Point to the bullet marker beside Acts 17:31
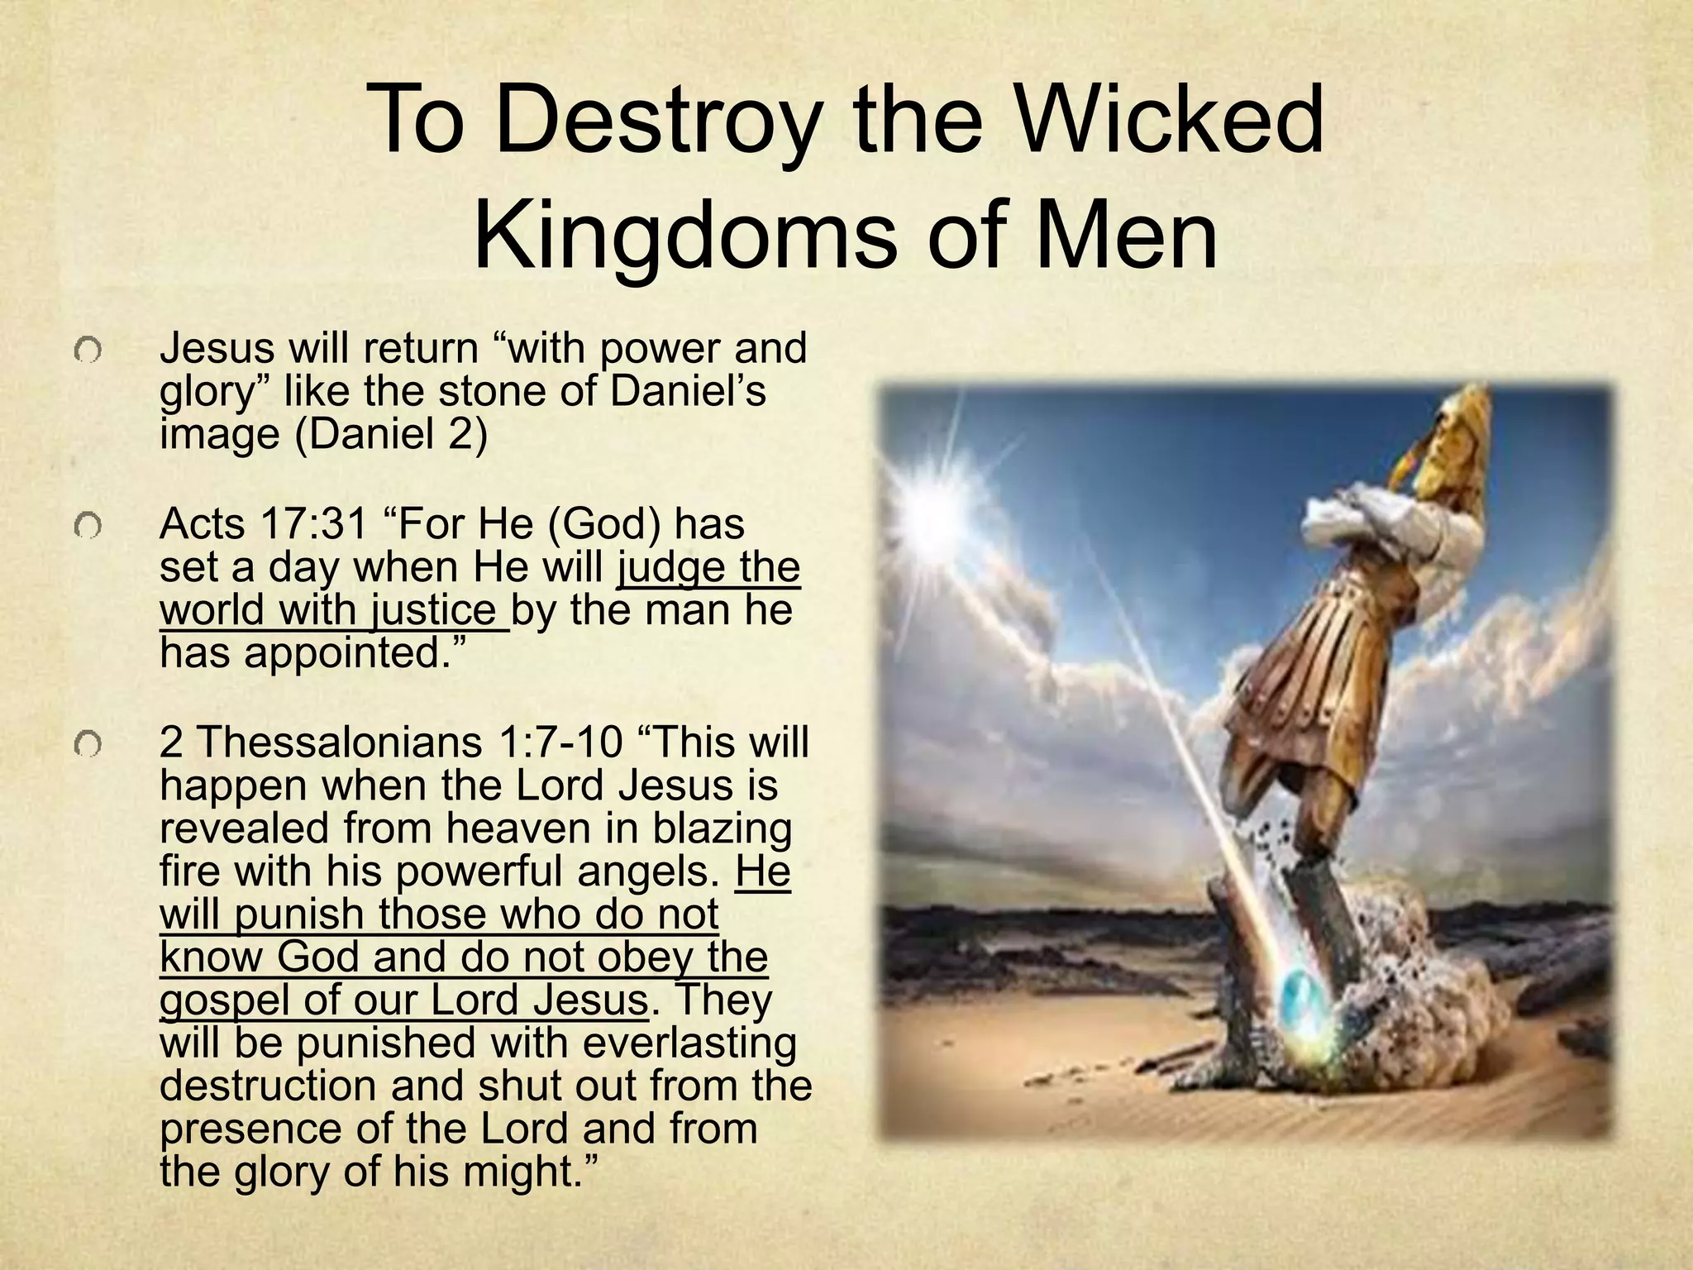pos(86,526)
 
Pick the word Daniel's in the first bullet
pos(688,391)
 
